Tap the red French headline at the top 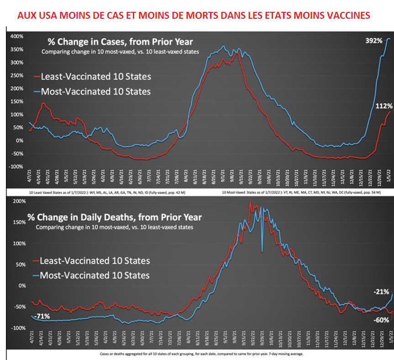tap(194, 15)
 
